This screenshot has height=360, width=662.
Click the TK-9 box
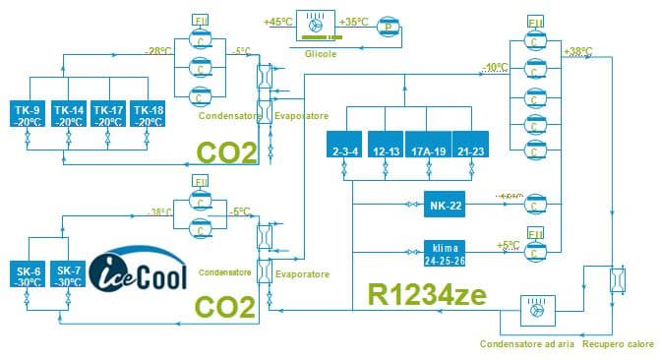coord(27,114)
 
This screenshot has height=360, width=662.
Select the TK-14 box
coord(67,114)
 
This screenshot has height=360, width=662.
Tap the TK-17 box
coord(107,114)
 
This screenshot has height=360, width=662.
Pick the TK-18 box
coord(148,114)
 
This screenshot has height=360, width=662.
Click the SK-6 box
coord(29,275)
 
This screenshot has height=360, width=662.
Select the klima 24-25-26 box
coord(446,251)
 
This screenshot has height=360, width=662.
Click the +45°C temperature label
coord(279,21)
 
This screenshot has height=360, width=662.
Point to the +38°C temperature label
coord(577,50)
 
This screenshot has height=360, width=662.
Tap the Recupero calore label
coord(618,344)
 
